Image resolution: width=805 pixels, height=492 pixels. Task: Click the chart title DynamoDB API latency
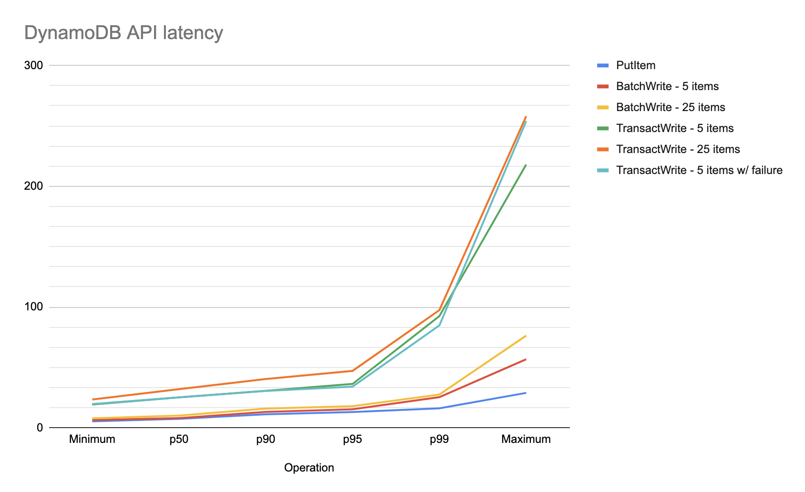pos(124,33)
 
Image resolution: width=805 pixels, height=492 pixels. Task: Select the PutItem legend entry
pos(635,65)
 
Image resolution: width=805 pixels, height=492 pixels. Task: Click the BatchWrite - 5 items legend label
pos(667,86)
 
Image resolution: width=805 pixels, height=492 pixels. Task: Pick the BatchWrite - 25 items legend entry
pos(670,107)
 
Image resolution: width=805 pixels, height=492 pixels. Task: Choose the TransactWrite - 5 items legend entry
pos(674,128)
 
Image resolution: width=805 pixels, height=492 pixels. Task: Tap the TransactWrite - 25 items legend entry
pos(677,149)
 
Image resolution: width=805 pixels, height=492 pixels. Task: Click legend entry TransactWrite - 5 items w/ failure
pos(699,170)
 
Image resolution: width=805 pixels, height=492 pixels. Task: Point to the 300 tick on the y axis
pos(33,65)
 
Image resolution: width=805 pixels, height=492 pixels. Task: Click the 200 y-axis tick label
pos(33,186)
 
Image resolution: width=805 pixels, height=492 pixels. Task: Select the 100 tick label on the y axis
pos(33,307)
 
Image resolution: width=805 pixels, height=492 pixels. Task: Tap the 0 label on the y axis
pos(40,428)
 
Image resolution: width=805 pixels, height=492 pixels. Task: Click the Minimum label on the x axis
pos(92,439)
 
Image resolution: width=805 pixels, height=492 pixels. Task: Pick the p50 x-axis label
pos(179,439)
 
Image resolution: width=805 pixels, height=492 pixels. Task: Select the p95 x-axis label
pos(352,439)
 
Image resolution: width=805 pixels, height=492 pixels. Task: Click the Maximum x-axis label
pos(526,439)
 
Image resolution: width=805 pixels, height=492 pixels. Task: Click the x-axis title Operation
pos(309,468)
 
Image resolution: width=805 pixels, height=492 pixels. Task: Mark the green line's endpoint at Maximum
pos(526,165)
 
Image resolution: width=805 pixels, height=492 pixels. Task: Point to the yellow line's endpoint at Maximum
pos(526,336)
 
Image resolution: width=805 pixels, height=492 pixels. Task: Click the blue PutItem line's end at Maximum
pos(526,393)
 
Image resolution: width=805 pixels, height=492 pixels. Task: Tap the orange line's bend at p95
pos(352,370)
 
